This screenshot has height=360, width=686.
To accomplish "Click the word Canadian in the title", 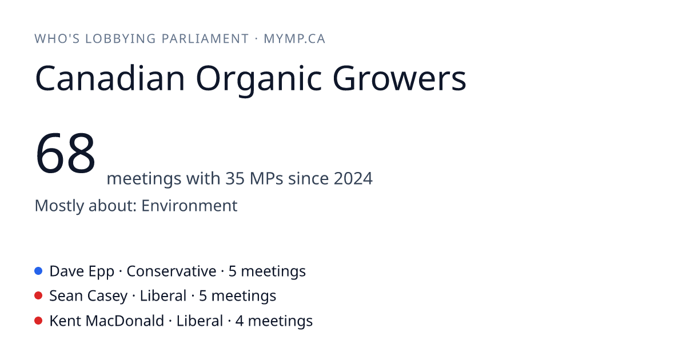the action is pos(110,78).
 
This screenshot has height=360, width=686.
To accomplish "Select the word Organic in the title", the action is pos(259,81).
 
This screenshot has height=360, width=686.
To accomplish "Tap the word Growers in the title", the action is pos(400,78).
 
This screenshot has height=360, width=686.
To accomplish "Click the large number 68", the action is pos(65,153).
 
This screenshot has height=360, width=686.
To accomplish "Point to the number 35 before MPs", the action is pos(235,178).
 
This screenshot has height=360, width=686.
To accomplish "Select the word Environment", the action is pos(189,205).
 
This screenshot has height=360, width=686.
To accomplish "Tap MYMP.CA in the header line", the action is pos(294,39).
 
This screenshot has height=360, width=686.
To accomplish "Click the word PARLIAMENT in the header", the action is pos(205,39).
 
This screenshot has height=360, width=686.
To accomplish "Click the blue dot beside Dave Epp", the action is pos(38,271).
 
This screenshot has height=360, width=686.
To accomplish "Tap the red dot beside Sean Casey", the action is pos(38,296).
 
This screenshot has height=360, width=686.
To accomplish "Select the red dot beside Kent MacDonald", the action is pos(38,321).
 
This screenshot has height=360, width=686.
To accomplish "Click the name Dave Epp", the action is pos(82,271).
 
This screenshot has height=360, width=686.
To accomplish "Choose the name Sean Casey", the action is pos(89,297).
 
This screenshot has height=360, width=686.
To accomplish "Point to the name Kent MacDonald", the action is pos(106,321).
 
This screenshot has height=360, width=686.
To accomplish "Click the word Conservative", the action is pos(171,271).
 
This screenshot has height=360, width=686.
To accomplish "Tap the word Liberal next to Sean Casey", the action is pos(163,296).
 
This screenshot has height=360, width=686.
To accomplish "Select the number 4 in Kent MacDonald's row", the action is pos(240,321).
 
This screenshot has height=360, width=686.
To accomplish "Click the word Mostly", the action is pos(59,206).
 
